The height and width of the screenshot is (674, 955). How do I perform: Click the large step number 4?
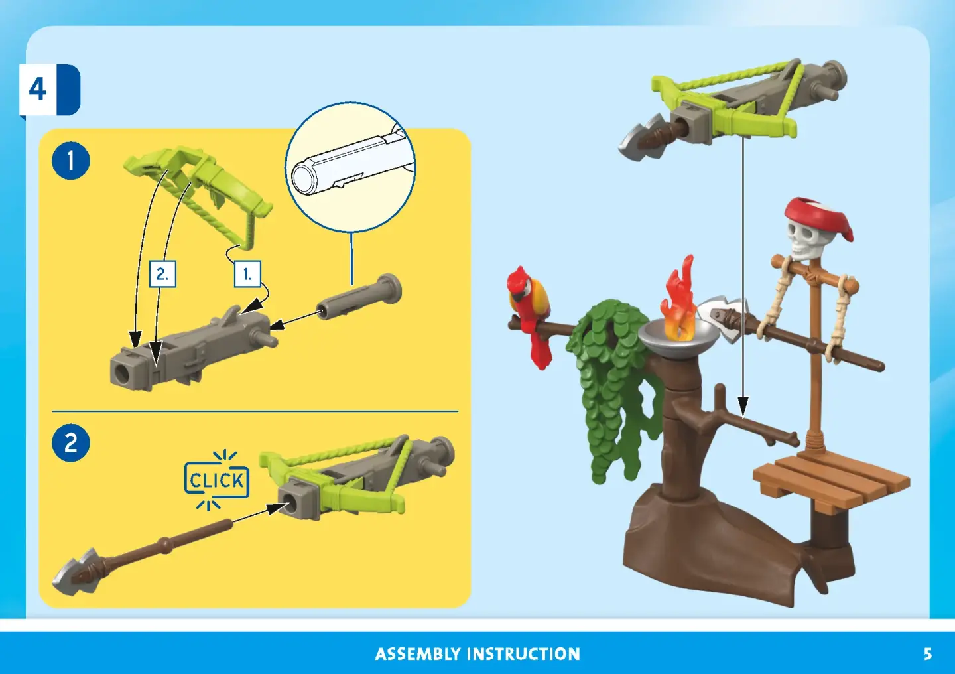(x=38, y=90)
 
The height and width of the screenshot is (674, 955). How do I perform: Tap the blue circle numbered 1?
(x=71, y=161)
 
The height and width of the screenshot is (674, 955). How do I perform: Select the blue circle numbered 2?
(x=71, y=442)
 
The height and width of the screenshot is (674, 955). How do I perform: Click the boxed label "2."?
(x=162, y=274)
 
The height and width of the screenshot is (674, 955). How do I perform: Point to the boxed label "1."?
(x=248, y=274)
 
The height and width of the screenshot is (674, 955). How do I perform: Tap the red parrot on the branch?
(x=529, y=316)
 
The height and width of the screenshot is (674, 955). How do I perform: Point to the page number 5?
(x=928, y=654)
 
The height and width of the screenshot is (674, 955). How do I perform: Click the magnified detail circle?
(x=350, y=167)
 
